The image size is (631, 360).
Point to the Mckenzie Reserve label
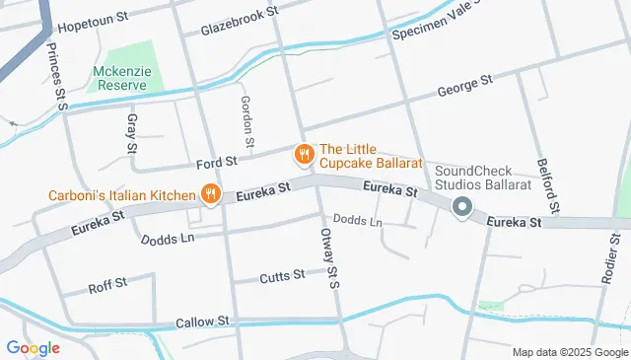[125, 78]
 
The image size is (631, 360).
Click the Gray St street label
[131, 134]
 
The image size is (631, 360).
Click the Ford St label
[217, 161]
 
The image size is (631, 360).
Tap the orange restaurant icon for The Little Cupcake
[304, 155]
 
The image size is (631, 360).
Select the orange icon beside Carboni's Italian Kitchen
[209, 194]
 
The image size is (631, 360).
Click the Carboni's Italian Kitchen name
[122, 195]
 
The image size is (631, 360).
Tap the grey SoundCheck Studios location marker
[461, 207]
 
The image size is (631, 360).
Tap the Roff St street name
[107, 285]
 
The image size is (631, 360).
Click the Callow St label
[202, 323]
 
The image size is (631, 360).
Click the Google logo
[33, 347]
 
